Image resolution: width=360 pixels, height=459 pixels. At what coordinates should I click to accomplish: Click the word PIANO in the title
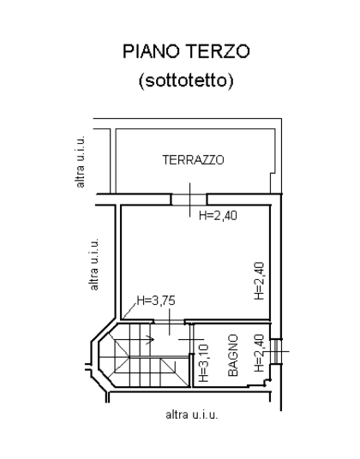151,51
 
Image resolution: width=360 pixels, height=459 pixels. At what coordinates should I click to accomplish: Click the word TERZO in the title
218,51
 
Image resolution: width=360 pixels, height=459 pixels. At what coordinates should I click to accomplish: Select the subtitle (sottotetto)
186,80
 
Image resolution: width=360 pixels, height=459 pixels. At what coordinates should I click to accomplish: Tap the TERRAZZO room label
194,160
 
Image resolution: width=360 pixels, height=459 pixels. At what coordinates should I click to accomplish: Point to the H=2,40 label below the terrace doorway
218,216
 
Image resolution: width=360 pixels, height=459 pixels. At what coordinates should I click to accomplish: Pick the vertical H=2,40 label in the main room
260,281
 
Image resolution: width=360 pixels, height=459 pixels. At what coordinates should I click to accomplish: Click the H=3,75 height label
156,301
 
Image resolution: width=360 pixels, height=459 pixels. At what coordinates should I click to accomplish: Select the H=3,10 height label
204,363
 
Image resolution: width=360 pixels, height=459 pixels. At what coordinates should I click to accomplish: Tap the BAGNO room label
233,355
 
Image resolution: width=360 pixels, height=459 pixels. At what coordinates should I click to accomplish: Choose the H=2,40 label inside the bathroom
260,353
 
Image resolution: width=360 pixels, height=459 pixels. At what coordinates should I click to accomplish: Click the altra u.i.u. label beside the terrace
80,161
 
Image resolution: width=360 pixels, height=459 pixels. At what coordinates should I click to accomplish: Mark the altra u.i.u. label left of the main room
93,264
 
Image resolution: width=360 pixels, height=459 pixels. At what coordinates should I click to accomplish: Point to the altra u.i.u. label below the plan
192,414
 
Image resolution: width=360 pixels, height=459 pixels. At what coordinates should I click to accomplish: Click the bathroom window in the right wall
276,351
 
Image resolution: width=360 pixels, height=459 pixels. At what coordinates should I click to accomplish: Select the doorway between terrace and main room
189,200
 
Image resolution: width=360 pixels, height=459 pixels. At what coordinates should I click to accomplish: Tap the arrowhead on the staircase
152,340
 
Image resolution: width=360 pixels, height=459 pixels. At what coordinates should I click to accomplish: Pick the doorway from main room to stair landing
169,322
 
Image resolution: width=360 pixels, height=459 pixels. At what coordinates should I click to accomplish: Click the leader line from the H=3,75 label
129,311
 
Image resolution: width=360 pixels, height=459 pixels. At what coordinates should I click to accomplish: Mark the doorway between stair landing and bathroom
191,339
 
